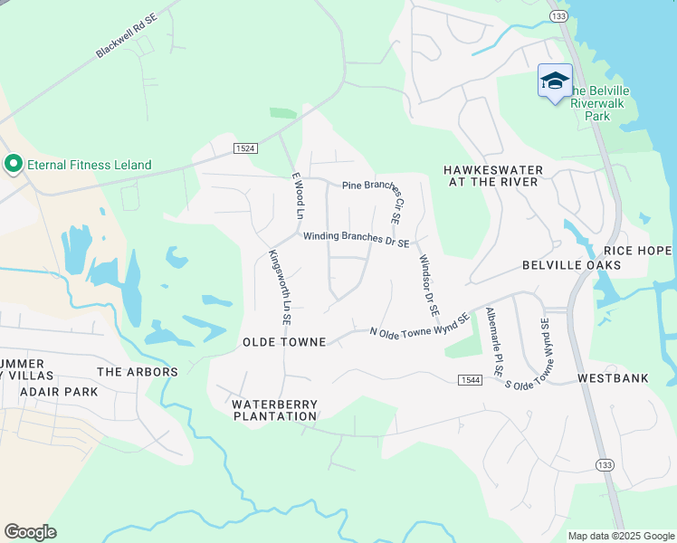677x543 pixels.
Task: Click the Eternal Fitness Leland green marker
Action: pyautogui.click(x=14, y=165)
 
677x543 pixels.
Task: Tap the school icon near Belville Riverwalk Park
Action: pyautogui.click(x=555, y=81)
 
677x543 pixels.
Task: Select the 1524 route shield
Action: pyautogui.click(x=244, y=148)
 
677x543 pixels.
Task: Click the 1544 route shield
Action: pyautogui.click(x=469, y=380)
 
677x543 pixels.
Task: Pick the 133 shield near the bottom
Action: pyautogui.click(x=604, y=464)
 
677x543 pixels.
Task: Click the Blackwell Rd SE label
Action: pyautogui.click(x=127, y=37)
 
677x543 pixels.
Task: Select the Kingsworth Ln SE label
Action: pyautogui.click(x=279, y=281)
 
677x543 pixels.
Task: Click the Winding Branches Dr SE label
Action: pyautogui.click(x=357, y=237)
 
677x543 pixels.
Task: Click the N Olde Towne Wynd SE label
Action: pyautogui.click(x=420, y=327)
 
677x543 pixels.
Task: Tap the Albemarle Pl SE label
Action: pyautogui.click(x=493, y=343)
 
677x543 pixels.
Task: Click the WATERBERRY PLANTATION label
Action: pyautogui.click(x=274, y=410)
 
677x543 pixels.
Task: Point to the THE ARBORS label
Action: pyautogui.click(x=138, y=372)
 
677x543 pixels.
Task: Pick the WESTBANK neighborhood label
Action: pyautogui.click(x=613, y=377)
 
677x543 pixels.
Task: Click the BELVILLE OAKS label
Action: pyautogui.click(x=571, y=265)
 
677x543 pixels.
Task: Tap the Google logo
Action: pyautogui.click(x=30, y=532)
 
